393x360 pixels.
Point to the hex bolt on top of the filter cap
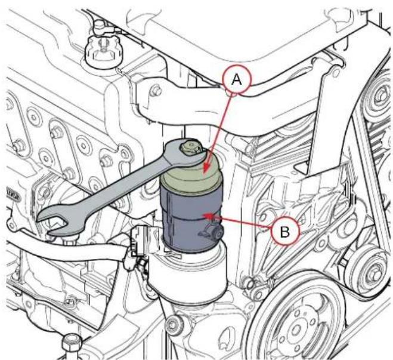(x=189, y=146)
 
